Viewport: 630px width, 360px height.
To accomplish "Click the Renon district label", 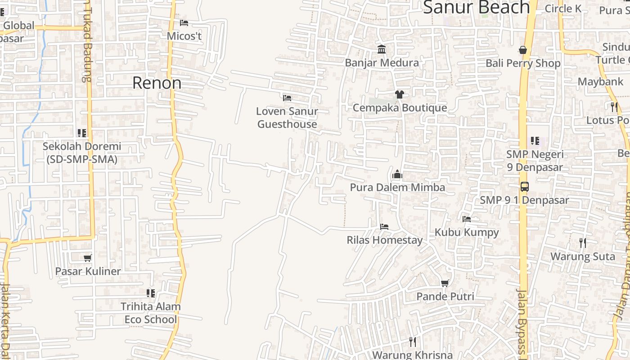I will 157,83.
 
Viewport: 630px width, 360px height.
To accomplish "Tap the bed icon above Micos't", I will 184,23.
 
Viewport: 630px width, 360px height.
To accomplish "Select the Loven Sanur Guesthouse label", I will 287,117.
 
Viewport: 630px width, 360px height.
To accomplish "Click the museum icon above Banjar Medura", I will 382,49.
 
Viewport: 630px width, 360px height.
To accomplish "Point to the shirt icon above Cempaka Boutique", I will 399,94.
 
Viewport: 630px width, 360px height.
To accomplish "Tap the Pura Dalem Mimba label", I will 397,187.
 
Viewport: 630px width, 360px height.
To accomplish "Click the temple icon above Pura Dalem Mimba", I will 397,174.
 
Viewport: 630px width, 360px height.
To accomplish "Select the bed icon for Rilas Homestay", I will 384,226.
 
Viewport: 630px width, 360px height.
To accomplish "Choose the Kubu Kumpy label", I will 467,232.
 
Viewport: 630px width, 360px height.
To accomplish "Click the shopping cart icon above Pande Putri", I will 445,283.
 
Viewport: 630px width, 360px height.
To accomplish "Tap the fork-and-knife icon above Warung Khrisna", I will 412,342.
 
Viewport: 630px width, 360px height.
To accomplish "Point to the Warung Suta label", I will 583,256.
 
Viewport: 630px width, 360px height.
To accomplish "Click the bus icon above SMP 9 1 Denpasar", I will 524,186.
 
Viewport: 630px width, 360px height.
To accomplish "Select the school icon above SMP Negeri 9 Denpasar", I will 535,141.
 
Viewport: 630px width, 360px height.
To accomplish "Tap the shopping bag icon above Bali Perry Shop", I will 523,49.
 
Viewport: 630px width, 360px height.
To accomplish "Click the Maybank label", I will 600,82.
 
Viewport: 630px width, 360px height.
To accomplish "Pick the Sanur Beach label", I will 477,8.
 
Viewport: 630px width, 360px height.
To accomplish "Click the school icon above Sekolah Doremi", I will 81,133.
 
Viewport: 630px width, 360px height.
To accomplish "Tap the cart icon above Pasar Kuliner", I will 88,258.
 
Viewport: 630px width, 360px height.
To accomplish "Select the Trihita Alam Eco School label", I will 150,313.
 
